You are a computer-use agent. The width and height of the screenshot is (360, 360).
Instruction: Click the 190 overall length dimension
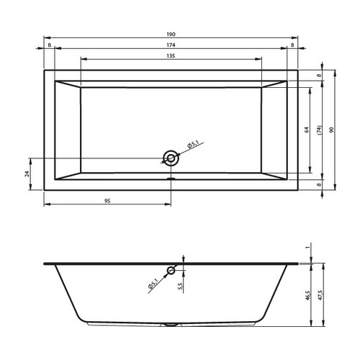[x=171, y=35]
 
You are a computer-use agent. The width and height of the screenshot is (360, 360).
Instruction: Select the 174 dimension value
[x=171, y=45]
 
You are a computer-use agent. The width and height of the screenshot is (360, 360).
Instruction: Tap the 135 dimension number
[x=171, y=56]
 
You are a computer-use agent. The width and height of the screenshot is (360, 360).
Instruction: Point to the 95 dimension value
[x=107, y=201]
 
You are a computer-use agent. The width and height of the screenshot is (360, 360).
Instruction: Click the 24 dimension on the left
[x=27, y=174]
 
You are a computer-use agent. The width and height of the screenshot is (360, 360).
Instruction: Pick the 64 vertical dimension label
[x=307, y=130]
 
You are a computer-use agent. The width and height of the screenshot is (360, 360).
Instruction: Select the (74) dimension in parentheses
[x=319, y=130]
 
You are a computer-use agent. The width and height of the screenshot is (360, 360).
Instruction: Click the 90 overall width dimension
[x=331, y=130]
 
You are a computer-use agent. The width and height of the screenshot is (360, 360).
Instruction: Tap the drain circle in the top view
[x=171, y=158]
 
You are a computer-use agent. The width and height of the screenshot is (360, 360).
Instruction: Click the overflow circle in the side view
[x=171, y=271]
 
